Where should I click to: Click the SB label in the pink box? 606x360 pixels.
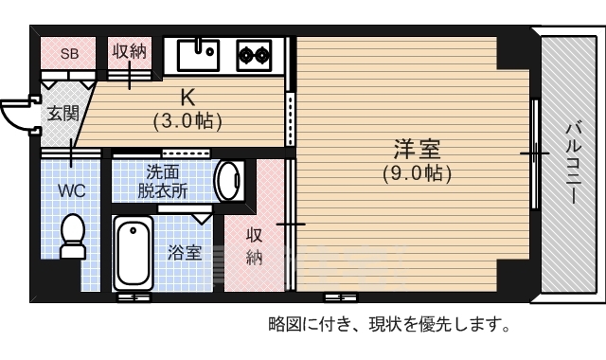click(70, 53)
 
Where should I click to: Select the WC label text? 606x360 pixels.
click(72, 190)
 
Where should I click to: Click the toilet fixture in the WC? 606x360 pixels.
click(72, 237)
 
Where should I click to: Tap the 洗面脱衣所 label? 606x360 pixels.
click(163, 180)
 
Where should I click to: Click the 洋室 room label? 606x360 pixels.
click(417, 150)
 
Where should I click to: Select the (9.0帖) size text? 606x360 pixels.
click(417, 173)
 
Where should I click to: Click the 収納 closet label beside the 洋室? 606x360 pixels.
click(254, 245)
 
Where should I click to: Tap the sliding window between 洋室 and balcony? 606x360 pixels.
click(537, 153)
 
